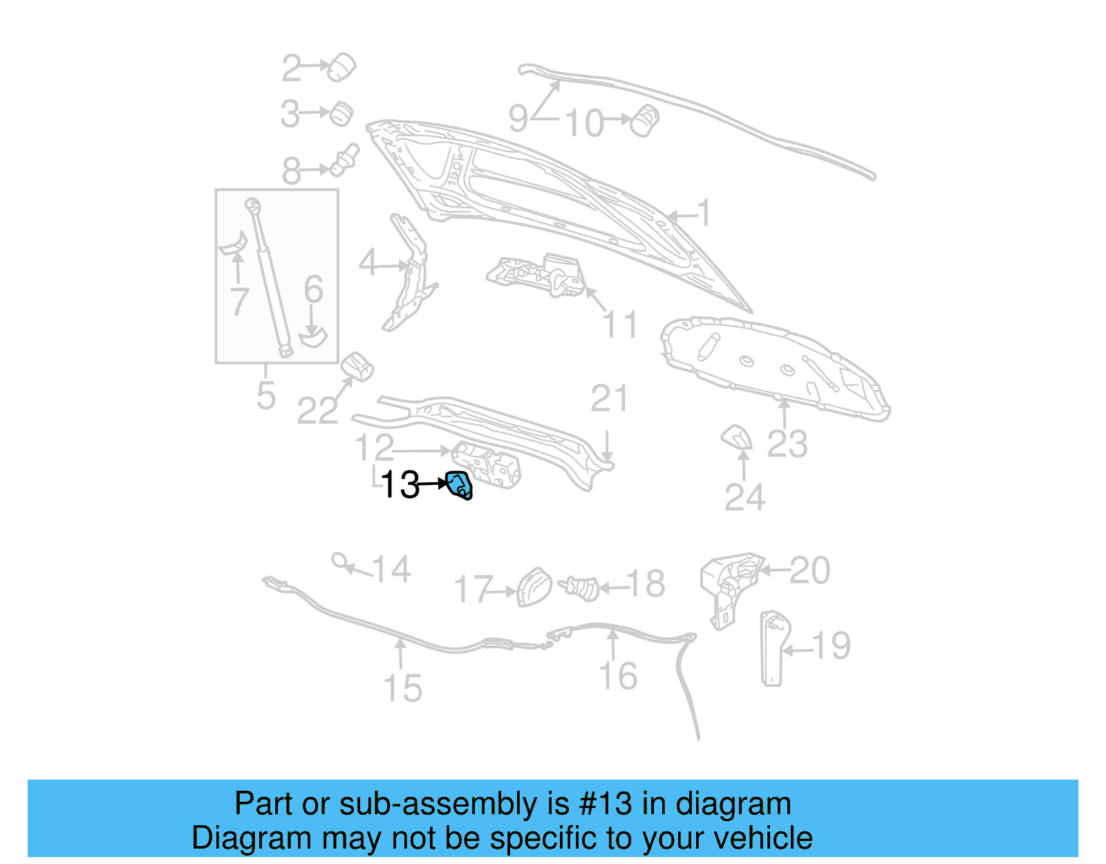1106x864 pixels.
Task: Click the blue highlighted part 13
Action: [460, 485]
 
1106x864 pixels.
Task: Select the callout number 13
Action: [400, 485]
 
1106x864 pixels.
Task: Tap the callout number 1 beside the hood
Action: [704, 212]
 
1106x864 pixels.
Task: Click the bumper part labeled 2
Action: [341, 67]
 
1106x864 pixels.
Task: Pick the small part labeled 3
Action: [341, 113]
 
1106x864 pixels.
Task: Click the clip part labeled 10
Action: [646, 120]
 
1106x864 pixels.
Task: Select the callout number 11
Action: [619, 324]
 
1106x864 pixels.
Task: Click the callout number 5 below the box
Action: [266, 396]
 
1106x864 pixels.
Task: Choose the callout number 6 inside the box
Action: [314, 290]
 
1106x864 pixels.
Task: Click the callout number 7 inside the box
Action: [239, 302]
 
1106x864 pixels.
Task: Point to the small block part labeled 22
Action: [357, 367]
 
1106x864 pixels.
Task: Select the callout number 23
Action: [787, 444]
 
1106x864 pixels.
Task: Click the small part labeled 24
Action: [736, 438]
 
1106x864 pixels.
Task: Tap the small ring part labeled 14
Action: [339, 560]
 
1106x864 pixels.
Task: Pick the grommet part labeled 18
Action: [583, 588]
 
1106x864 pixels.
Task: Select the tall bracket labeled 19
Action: [772, 648]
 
